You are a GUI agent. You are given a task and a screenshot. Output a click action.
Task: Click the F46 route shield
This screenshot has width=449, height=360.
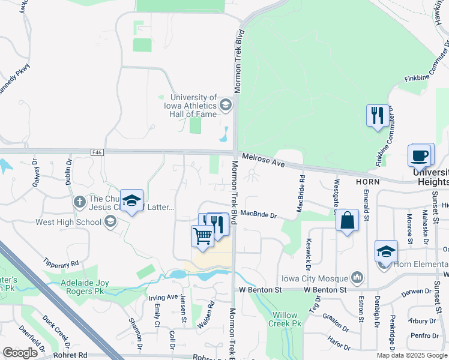(x=97, y=152)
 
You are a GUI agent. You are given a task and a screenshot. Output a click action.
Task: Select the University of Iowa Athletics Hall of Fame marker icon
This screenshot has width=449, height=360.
(x=226, y=105)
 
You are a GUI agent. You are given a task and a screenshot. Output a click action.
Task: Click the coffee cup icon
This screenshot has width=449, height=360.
(x=420, y=155)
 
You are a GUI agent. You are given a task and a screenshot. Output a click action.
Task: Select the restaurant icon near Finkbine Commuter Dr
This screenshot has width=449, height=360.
(x=377, y=115)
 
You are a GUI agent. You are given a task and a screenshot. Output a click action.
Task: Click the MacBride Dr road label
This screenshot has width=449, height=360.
(x=258, y=214)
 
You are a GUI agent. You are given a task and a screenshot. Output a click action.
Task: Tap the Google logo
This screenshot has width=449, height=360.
(x=20, y=353)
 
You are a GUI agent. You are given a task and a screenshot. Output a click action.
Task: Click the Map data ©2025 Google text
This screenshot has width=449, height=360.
(x=412, y=355)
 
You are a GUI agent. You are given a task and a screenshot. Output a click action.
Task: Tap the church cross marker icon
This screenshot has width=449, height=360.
(x=80, y=202)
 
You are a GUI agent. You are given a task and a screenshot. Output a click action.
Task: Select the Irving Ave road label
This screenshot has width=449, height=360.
(x=163, y=296)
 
